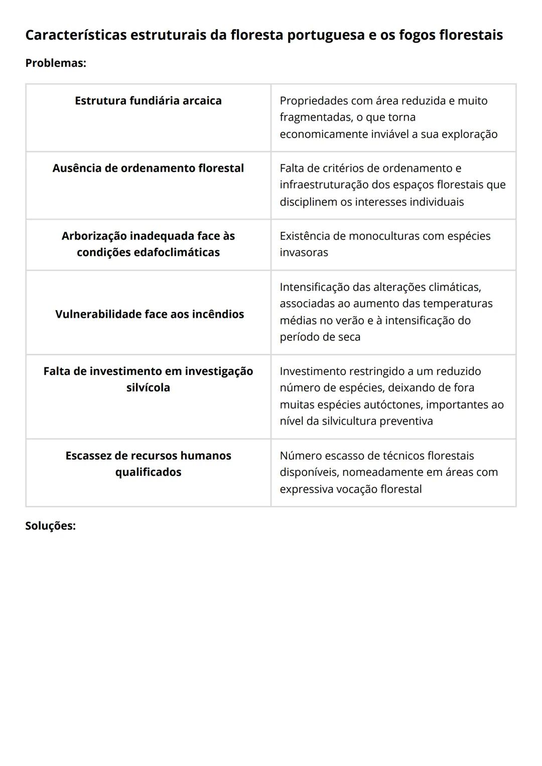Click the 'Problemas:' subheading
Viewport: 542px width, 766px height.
coord(56,63)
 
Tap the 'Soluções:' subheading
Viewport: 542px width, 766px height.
coord(50,526)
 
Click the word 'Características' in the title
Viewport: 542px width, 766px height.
coord(76,35)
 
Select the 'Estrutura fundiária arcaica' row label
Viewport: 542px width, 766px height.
coord(148,100)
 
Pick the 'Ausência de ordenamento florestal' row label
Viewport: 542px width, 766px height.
coord(148,168)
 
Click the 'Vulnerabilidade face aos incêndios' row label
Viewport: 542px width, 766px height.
coord(150,314)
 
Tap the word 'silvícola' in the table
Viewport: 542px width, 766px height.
coord(148,388)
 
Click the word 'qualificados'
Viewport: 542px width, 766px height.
coord(148,472)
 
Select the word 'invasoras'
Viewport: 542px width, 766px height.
coord(304,252)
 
